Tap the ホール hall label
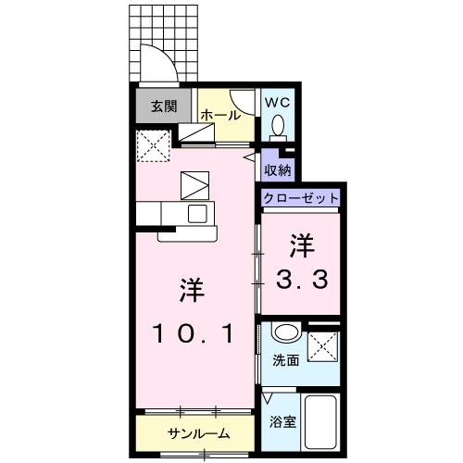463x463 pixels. tap(221, 116)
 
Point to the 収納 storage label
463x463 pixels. tap(278, 169)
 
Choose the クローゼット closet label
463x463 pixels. tap(300, 198)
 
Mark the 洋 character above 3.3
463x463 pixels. tap(301, 244)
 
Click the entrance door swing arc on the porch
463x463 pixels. tap(159, 65)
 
